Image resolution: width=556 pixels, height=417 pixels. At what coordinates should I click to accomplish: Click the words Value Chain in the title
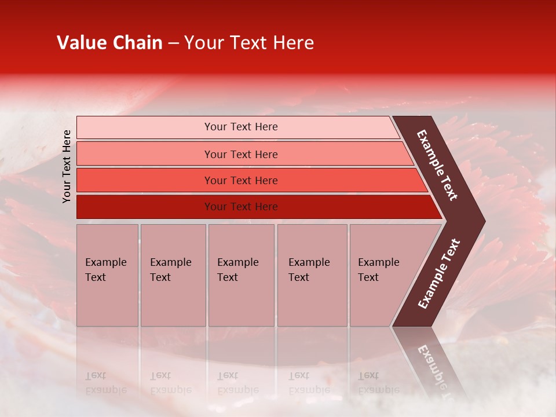point(109,43)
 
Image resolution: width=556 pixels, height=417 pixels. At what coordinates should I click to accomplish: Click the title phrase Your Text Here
point(249,43)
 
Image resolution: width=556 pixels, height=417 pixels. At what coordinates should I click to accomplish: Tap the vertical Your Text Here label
point(67,166)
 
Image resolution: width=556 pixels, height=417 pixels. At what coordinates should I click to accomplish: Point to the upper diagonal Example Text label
point(437,165)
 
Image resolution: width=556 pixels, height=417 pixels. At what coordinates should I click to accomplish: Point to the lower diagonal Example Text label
point(439,274)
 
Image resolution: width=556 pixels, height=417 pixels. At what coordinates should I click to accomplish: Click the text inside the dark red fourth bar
point(241,207)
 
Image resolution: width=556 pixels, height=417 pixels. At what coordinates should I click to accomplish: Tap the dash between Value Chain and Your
point(173,43)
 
